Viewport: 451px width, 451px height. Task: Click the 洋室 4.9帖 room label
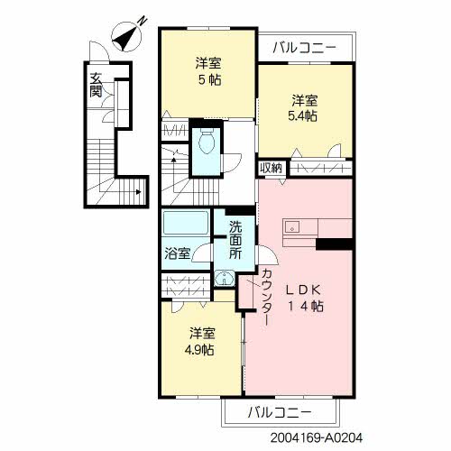coord(202,341)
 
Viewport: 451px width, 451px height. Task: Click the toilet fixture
coord(207,142)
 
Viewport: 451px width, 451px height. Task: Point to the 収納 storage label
coord(271,168)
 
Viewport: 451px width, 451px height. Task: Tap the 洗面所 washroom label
coord(235,240)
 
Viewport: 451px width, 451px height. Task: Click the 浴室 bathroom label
coord(177,253)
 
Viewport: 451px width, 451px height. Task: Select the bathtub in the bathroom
coord(185,225)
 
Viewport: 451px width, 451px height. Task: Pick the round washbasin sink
coord(224,281)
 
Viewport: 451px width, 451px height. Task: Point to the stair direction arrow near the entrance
coord(135,192)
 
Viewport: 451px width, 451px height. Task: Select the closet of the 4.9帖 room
coord(187,281)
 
